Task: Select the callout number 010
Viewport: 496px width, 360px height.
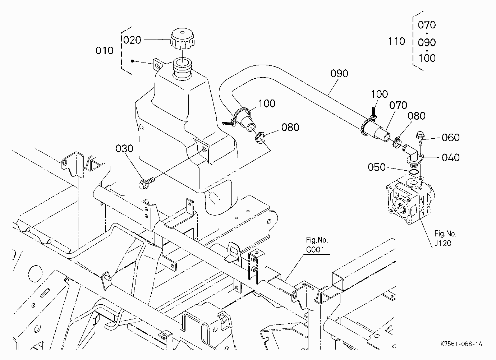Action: coord(104,51)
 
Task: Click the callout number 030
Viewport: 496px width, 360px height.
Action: coord(124,148)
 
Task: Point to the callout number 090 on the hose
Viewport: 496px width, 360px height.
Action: coord(339,73)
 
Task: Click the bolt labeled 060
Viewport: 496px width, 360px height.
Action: coord(420,138)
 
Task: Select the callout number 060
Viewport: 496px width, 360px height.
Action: coord(451,138)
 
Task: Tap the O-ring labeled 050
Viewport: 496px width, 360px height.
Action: coord(414,172)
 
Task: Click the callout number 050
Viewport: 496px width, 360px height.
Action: coord(376,167)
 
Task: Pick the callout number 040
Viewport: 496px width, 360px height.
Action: coord(451,158)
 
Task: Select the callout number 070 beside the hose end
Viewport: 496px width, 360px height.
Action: coord(398,105)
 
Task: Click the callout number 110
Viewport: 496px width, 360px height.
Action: coord(397,41)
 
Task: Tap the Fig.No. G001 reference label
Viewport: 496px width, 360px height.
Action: coord(317,245)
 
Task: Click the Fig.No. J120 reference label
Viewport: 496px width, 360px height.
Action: coord(445,239)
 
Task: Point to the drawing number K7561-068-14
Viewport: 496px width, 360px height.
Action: coord(461,344)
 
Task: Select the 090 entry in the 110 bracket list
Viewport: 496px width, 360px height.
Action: coord(427,42)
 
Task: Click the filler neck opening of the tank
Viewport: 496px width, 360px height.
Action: coord(183,62)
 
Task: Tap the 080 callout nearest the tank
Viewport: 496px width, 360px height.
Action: coord(290,127)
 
